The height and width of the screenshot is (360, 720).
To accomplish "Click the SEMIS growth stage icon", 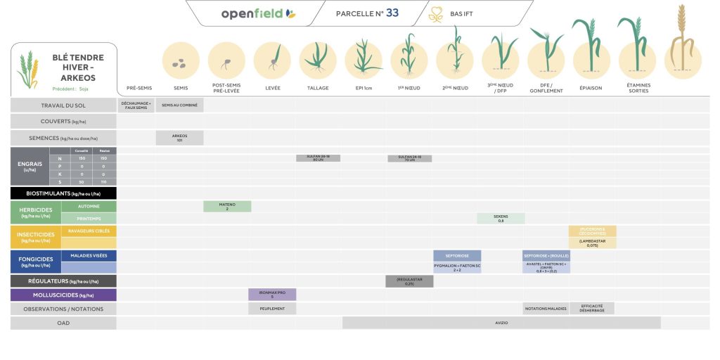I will pos(181,61).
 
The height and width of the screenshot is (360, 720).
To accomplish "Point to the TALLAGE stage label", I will pos(318,89).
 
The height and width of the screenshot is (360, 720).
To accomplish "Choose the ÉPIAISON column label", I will pos(591,89).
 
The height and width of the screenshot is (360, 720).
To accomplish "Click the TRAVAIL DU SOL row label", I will pos(63,105).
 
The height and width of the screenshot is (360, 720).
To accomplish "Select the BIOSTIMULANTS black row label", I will pos(63,193).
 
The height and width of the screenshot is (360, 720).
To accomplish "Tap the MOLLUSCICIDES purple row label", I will pos(63,295).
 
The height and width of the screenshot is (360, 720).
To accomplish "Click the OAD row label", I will pos(63,323).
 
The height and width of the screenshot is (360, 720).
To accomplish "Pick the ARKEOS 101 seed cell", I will pos(179,138).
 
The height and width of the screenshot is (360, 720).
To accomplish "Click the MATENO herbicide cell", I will pos(227,207).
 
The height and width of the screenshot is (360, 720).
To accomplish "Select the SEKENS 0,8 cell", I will pos(501,219).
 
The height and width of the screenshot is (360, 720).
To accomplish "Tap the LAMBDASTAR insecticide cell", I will pos(593,243).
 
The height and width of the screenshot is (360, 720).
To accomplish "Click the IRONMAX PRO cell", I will pos(272,295).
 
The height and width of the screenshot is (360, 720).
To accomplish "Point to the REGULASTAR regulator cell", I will pos(409,281).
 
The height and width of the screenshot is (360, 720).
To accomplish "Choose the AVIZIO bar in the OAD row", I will pos(501,323).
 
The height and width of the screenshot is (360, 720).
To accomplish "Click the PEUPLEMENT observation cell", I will pos(272,309).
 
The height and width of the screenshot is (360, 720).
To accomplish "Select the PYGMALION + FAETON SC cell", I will pos(457,268).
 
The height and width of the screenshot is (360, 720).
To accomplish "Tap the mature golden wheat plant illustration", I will pos(679,42).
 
